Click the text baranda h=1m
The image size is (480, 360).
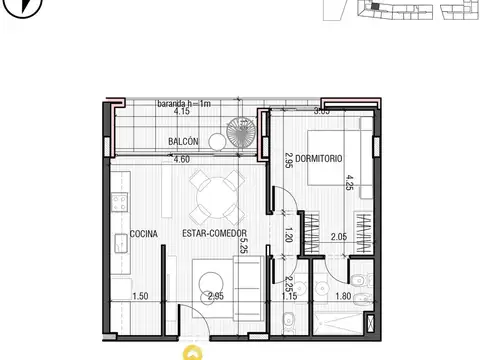(186, 104)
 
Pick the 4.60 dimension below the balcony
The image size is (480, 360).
(182, 159)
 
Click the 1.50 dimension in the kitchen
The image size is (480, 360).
(142, 297)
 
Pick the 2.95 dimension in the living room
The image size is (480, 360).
(216, 297)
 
